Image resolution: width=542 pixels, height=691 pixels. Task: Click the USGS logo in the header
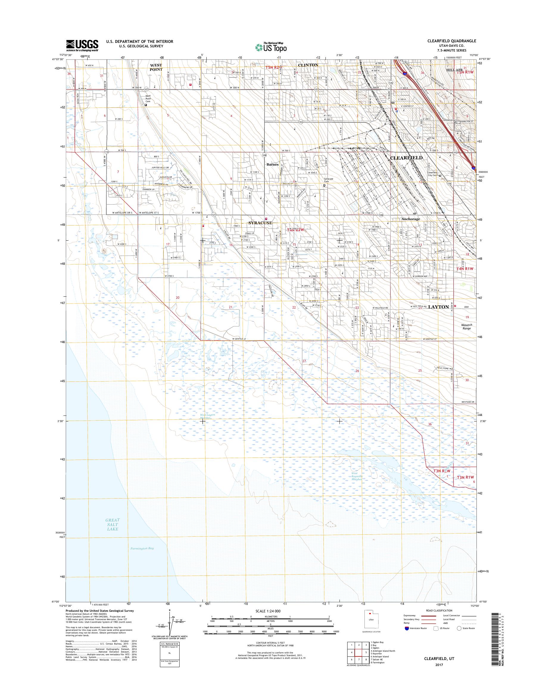pos(82,45)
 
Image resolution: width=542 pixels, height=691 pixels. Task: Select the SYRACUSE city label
pos(260,223)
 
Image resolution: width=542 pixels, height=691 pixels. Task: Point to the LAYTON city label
pos(439,307)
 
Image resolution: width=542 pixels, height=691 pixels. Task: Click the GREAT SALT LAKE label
pos(113,525)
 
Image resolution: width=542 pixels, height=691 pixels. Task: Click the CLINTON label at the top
pos(308,65)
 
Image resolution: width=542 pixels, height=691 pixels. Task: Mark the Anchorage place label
pos(410,219)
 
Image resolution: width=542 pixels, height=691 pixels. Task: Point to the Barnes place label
pos(272,164)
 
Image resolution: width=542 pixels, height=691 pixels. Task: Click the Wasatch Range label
pos(466,326)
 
